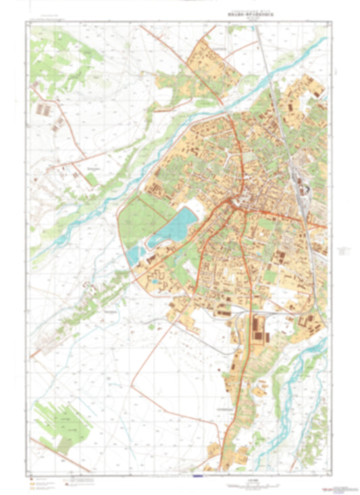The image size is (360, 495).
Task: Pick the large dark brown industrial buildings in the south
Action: point(259,331)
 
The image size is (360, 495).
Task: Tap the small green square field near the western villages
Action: point(91,178)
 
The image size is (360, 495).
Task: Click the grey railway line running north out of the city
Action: point(268,68)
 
